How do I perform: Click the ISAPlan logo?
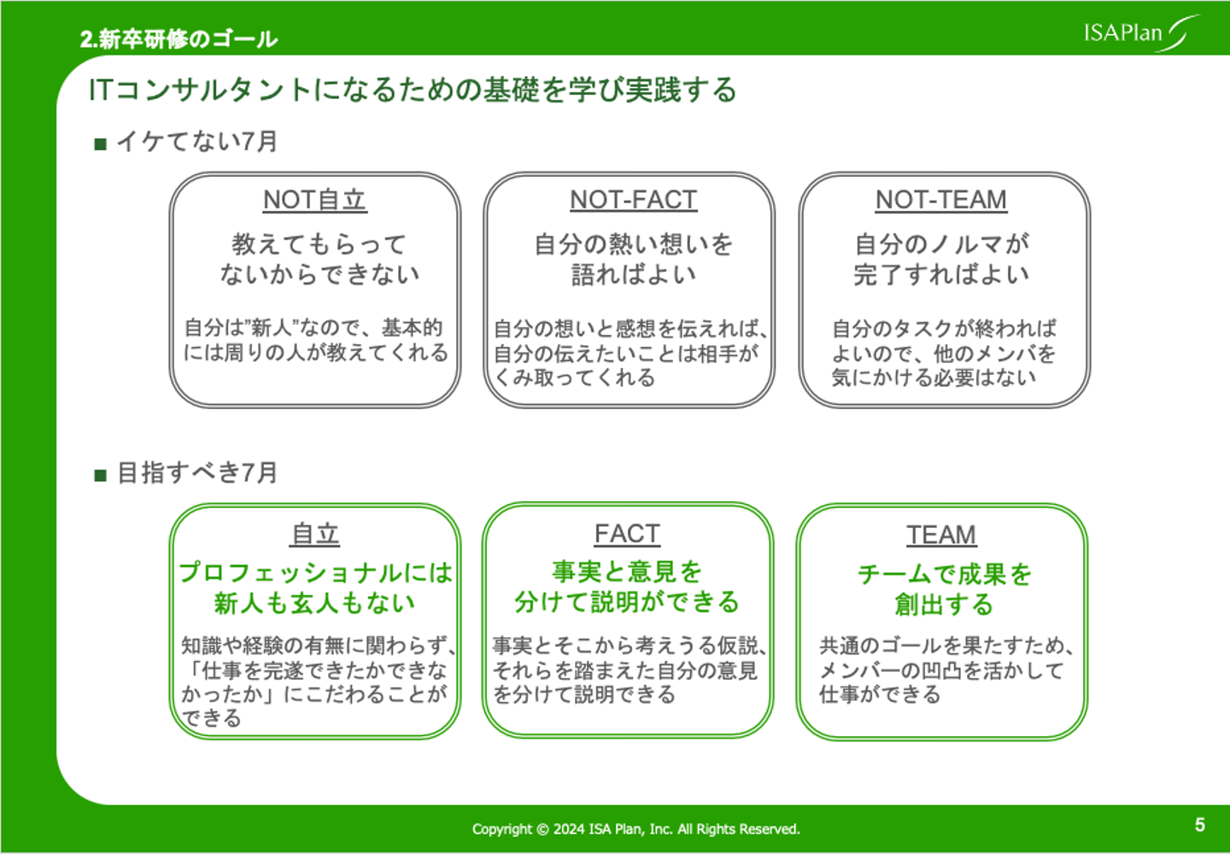tap(1140, 33)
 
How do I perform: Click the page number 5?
tap(1199, 825)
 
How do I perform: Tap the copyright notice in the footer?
tap(635, 828)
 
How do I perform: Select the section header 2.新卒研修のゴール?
tap(179, 39)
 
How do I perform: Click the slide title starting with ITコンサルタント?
tap(413, 90)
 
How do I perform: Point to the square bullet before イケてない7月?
tap(100, 143)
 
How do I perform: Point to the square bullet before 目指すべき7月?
tap(100, 475)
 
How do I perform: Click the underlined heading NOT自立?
tap(314, 200)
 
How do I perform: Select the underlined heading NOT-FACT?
tap(633, 200)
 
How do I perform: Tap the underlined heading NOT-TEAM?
tap(940, 200)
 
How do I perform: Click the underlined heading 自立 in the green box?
tap(315, 535)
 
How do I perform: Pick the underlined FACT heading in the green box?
tap(627, 535)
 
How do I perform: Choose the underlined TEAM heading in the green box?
tap(940, 535)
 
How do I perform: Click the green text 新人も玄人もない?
tap(314, 603)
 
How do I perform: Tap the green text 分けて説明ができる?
tap(626, 602)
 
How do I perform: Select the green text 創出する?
tap(944, 605)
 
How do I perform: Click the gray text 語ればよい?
tap(634, 274)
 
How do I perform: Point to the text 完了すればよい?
tap(941, 274)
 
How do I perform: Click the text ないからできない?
tap(319, 274)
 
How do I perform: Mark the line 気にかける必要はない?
tap(934, 377)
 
